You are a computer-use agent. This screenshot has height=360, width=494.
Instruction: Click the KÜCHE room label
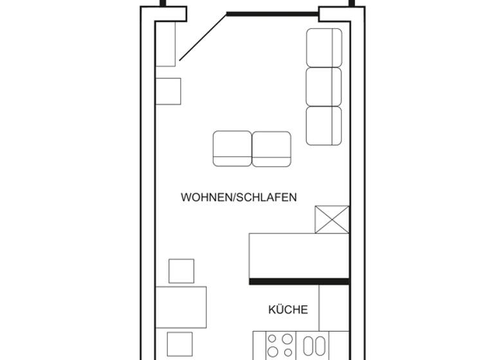288,310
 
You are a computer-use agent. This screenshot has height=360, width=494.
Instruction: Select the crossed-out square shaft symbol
332,219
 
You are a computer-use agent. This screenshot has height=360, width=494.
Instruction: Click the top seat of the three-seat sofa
324,48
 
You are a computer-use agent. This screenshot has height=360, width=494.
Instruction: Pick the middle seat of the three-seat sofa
324,87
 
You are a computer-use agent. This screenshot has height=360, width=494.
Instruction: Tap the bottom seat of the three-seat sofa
324,125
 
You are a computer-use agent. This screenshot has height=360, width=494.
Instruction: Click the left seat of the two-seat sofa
232,148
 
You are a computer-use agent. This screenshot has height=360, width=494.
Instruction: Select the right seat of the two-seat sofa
271,148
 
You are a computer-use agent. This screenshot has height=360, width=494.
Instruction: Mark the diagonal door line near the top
203,37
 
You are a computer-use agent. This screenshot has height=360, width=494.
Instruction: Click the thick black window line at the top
272,14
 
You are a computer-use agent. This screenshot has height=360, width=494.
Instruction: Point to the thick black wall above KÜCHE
299,281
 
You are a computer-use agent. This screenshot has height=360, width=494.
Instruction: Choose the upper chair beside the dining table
181,271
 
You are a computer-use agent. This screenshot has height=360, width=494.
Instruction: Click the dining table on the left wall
181,307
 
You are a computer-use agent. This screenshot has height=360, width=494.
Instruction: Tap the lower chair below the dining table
179,345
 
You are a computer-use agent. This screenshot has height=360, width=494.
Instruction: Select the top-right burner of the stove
287,339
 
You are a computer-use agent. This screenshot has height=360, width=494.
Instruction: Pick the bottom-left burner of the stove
273,352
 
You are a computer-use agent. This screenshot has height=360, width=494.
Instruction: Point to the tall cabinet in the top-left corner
165,44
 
